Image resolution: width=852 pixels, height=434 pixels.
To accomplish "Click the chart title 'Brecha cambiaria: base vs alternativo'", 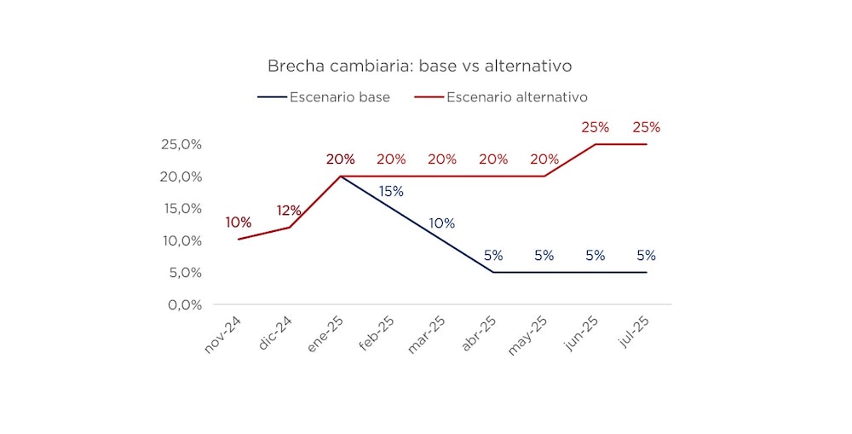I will click(419, 66).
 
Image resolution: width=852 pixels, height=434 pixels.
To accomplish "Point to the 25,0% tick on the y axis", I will click(181, 144).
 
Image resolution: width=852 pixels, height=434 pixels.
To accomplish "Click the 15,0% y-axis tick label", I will click(181, 208).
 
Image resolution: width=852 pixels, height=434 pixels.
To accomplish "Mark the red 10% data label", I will click(239, 223).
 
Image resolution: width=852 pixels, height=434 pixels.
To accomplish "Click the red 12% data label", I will click(289, 211).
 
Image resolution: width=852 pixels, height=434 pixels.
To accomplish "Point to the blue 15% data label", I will click(391, 192).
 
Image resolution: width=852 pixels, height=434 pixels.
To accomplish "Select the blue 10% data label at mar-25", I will click(441, 223).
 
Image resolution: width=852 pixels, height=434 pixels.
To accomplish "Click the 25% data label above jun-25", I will click(595, 128).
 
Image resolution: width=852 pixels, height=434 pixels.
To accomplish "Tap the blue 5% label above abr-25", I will click(493, 256).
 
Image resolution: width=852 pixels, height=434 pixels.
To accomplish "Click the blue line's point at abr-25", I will click(493, 272).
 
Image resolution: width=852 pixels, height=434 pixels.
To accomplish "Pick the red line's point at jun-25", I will click(596, 144).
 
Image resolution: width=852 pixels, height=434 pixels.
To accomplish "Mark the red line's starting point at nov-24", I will click(239, 239).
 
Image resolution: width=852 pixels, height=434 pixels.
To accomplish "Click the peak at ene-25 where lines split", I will click(341, 176).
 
